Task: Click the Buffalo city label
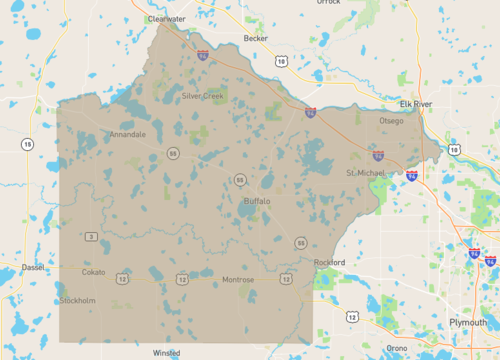(x=257, y=201)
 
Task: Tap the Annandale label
(x=128, y=134)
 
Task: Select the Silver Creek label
(x=204, y=96)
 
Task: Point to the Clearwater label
(x=167, y=19)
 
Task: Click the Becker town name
(x=255, y=39)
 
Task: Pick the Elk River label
(x=414, y=103)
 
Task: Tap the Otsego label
(x=391, y=121)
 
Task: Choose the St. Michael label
(x=365, y=173)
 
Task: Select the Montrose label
(x=238, y=280)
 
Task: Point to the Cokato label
(x=93, y=272)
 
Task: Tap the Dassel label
(x=34, y=268)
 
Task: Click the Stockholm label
(x=77, y=300)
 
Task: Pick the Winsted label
(x=166, y=353)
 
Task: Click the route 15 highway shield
(x=27, y=145)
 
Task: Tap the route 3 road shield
(x=90, y=236)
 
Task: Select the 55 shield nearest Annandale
(x=173, y=153)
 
